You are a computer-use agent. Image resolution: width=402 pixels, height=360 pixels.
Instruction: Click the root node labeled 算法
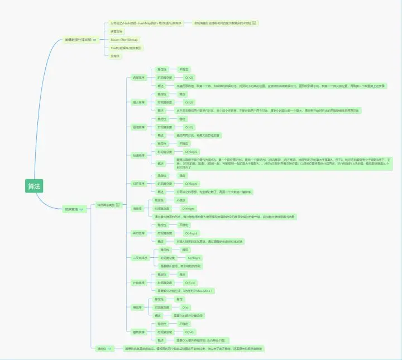click(x=34, y=186)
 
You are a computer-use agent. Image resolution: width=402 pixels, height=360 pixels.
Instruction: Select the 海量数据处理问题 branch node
click(x=79, y=41)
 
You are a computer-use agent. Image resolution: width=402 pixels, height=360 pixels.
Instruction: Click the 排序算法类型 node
click(x=108, y=205)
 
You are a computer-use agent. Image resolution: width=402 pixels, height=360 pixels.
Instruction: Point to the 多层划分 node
click(x=117, y=31)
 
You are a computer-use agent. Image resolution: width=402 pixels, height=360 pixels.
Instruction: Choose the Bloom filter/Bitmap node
click(x=124, y=40)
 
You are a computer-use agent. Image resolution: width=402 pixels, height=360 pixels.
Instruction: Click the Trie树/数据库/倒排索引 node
click(x=127, y=48)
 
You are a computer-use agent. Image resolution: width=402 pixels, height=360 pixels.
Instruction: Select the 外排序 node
click(x=116, y=56)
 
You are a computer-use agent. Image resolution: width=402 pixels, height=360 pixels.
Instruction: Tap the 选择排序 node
click(x=138, y=77)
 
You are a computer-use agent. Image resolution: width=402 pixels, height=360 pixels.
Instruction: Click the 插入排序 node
click(x=138, y=102)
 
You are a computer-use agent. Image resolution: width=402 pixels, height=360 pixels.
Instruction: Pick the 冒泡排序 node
click(x=138, y=127)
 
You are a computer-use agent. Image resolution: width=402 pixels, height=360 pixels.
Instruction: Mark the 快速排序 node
click(x=138, y=155)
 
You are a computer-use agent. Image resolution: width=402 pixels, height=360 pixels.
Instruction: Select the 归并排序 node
click(x=138, y=183)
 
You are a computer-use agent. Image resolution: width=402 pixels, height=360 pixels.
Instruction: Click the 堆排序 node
click(x=137, y=208)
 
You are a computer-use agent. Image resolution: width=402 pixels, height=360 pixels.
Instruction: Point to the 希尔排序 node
click(x=138, y=233)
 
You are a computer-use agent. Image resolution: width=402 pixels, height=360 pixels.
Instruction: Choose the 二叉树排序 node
click(x=140, y=258)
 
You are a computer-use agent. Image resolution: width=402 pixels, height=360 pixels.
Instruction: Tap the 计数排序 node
click(x=138, y=282)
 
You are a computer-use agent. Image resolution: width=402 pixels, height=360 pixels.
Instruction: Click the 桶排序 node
click(x=137, y=308)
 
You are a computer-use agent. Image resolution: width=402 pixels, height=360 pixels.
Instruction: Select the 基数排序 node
click(x=138, y=332)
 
